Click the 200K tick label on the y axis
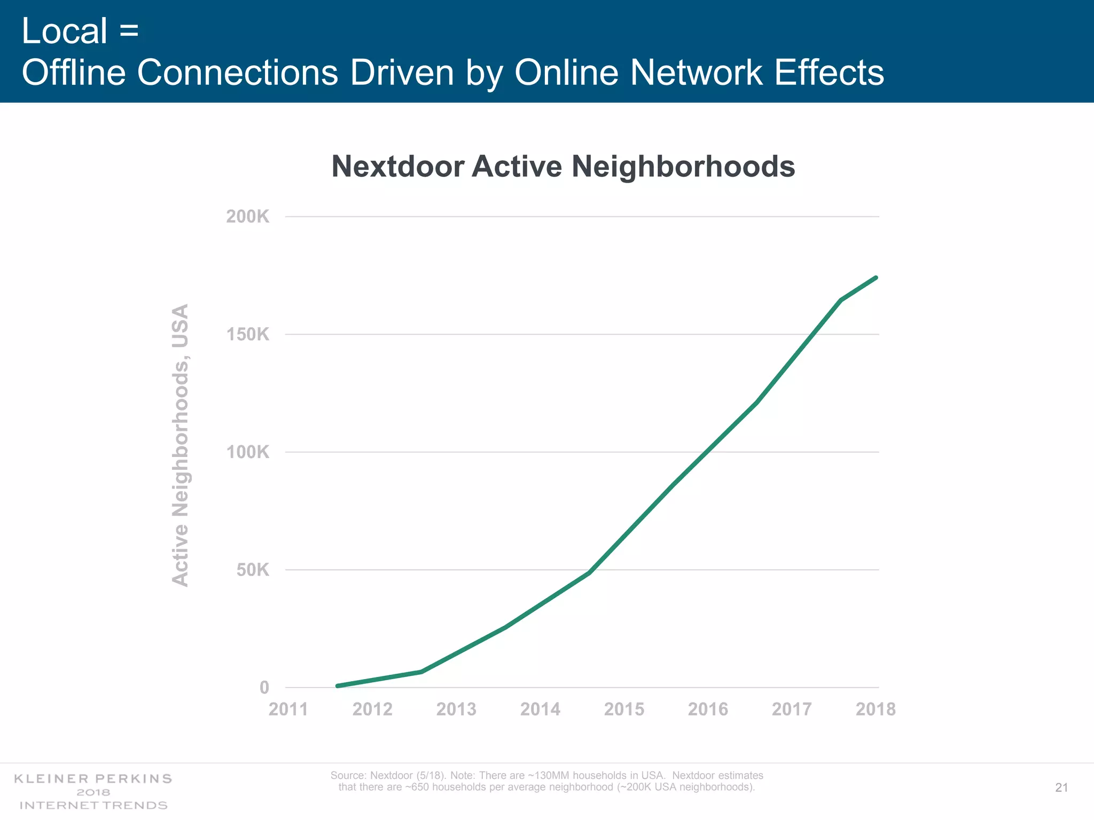click(247, 217)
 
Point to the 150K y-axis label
click(247, 335)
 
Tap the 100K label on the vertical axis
click(247, 452)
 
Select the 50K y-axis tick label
click(253, 570)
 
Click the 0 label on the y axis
click(264, 688)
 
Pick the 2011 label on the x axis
click(288, 709)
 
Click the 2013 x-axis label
click(456, 709)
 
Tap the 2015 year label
click(624, 709)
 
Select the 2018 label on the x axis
click(876, 709)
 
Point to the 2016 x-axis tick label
click(708, 709)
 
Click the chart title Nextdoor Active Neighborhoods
click(563, 166)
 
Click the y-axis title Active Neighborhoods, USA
click(180, 445)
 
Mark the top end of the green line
click(876, 278)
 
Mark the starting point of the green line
click(337, 686)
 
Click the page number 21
click(1061, 787)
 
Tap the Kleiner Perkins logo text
click(93, 779)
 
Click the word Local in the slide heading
click(65, 31)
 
